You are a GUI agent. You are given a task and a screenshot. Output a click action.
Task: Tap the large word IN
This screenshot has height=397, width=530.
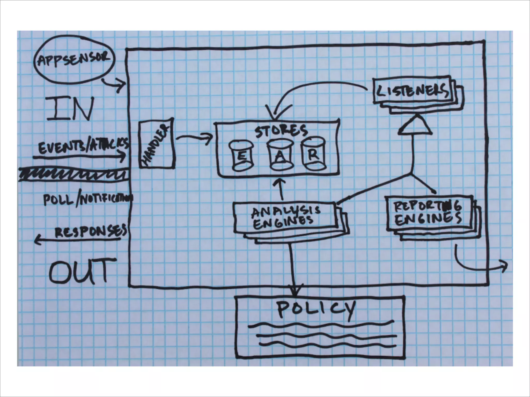tap(70, 109)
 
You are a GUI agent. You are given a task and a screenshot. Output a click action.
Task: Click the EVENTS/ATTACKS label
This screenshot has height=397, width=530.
tap(83, 146)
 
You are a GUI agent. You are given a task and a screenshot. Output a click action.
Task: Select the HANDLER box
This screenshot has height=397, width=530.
tap(156, 144)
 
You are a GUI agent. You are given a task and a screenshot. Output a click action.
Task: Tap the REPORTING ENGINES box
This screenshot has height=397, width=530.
tap(428, 213)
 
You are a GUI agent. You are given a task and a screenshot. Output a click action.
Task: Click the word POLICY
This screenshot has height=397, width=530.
tap(316, 309)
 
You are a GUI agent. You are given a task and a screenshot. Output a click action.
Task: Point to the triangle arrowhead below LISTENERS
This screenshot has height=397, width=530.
tap(415, 126)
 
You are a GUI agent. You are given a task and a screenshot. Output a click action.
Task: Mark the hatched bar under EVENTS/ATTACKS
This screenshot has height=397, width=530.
tap(74, 174)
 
